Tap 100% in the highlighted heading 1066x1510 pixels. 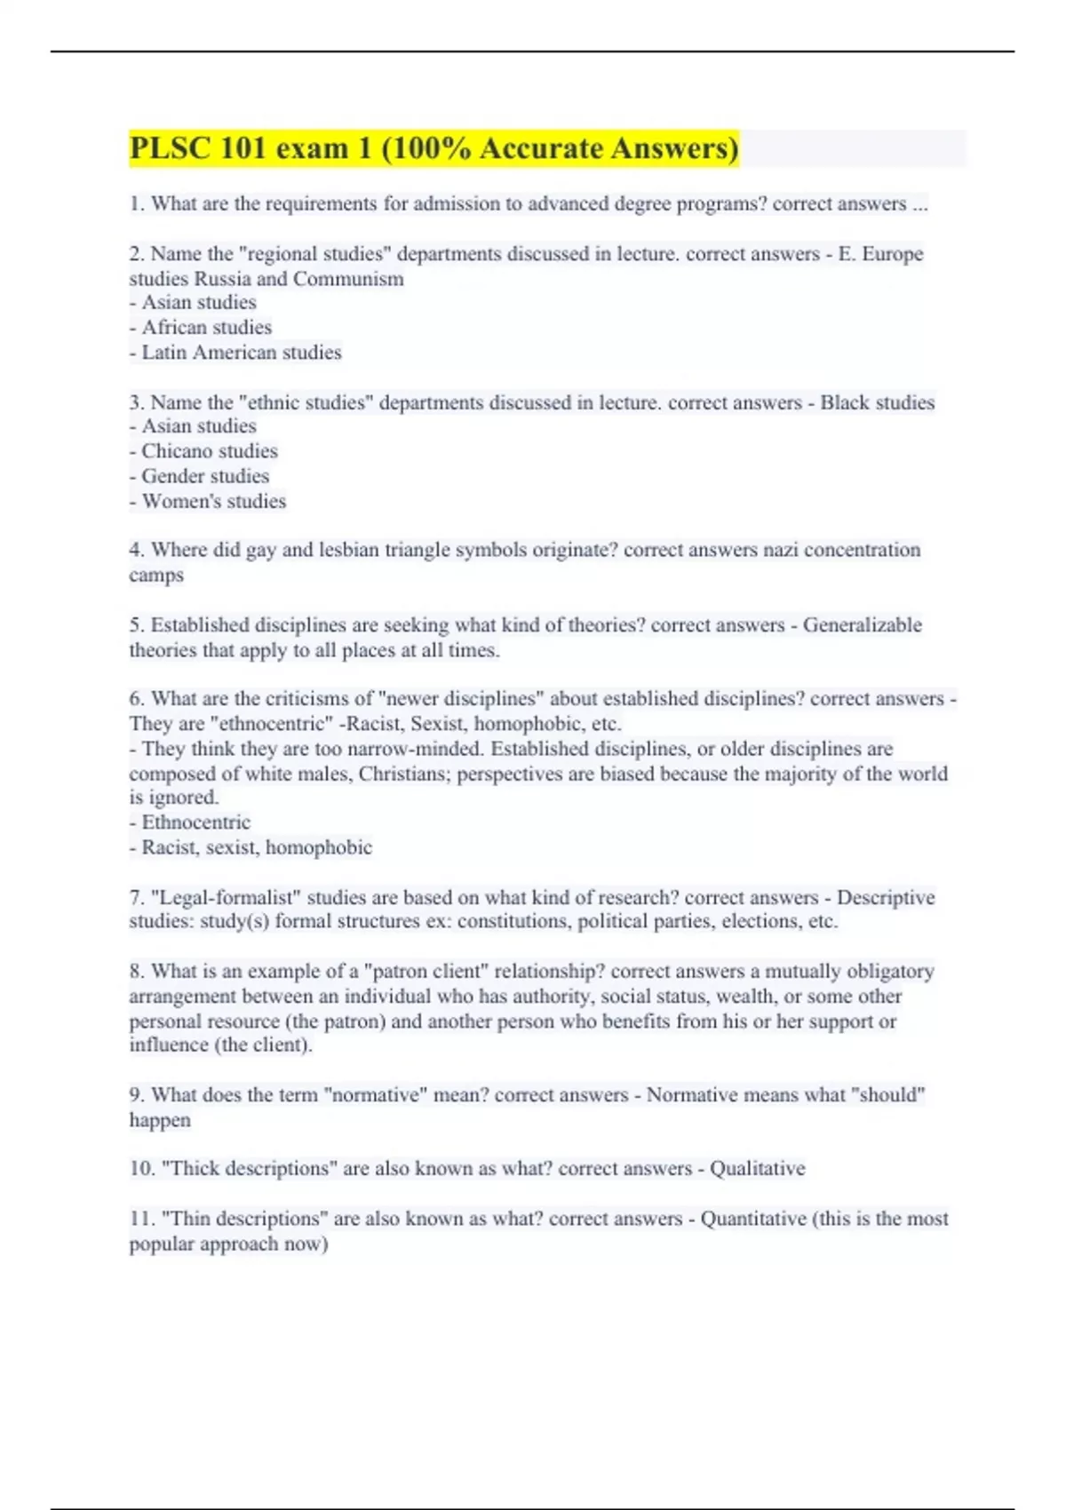(430, 148)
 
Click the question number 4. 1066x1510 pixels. (136, 550)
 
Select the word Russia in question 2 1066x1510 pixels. (223, 279)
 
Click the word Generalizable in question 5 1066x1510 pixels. (862, 625)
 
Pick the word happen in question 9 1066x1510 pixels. (160, 1120)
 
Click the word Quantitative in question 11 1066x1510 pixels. (753, 1219)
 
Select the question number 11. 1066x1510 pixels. (141, 1219)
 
